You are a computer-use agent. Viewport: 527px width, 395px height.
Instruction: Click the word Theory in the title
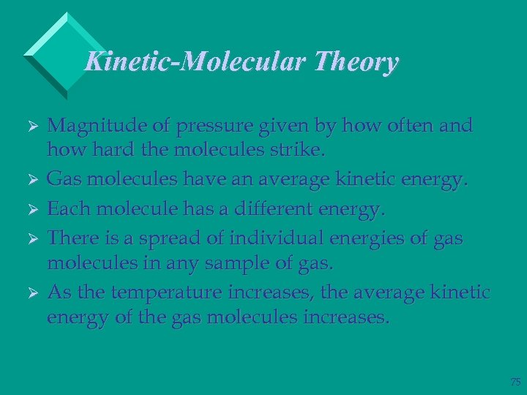tap(356, 62)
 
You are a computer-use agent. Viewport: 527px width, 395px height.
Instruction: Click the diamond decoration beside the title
tap(56, 53)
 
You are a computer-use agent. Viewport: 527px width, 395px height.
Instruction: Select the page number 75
tap(515, 382)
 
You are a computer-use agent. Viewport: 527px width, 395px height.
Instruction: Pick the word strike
tap(296, 151)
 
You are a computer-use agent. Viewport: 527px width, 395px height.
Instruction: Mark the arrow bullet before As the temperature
tap(31, 293)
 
